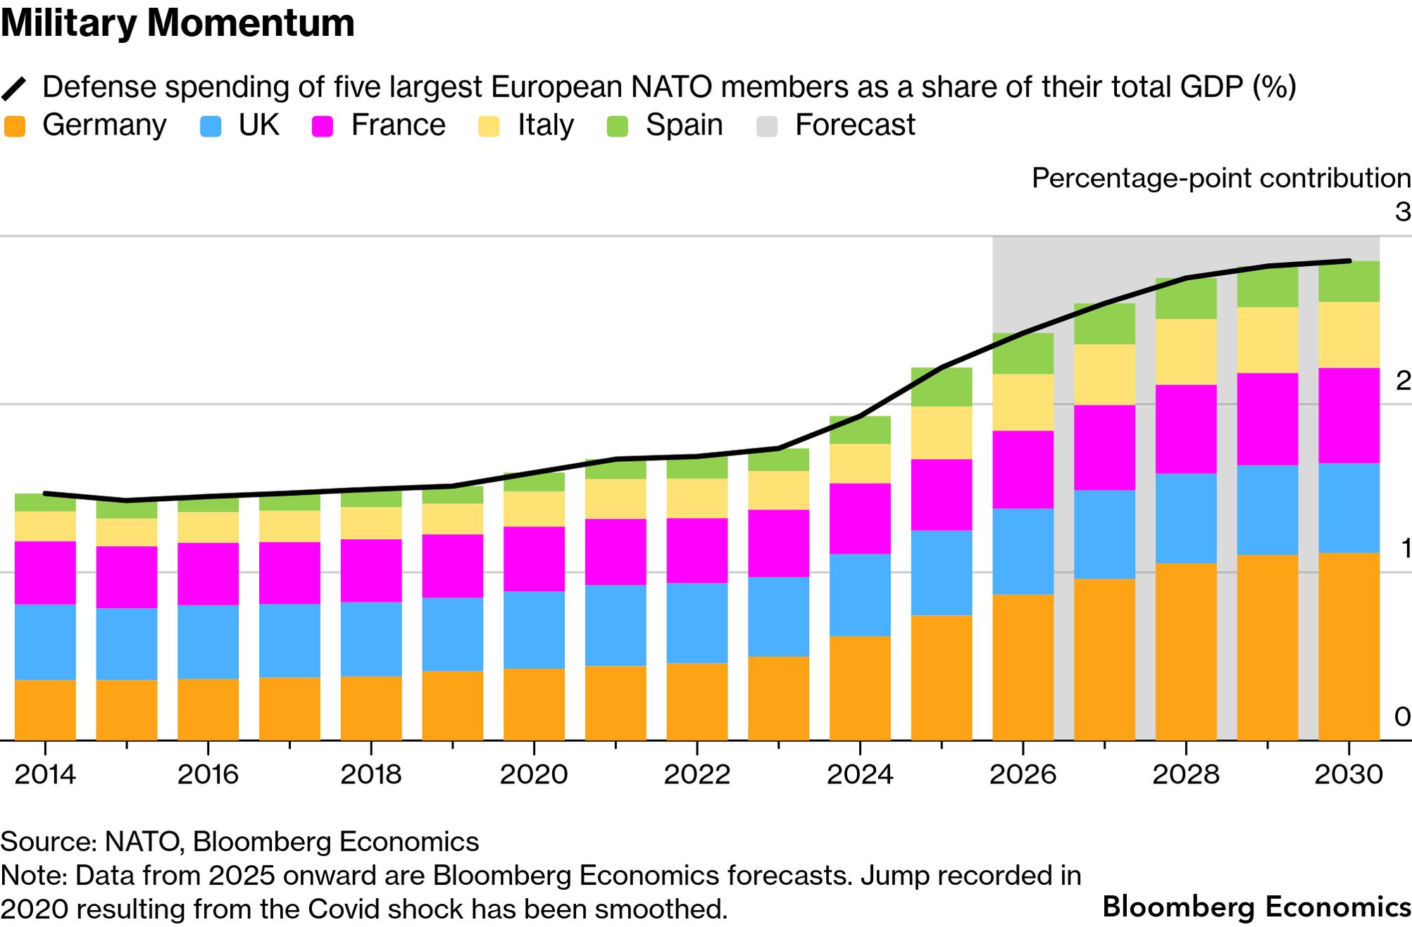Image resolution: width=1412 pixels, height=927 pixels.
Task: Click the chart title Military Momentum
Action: [177, 24]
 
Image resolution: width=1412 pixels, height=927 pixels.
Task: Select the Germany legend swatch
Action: [15, 127]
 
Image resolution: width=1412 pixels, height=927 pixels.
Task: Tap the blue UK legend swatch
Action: [211, 127]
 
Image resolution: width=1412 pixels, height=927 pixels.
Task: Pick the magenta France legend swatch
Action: [323, 127]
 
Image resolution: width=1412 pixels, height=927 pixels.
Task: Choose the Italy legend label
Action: [545, 125]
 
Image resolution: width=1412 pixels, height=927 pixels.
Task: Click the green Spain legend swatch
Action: [618, 127]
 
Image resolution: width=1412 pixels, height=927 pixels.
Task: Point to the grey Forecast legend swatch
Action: [767, 127]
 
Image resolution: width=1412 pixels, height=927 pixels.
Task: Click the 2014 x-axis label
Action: [45, 774]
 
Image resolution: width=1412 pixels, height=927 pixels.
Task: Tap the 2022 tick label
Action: [696, 774]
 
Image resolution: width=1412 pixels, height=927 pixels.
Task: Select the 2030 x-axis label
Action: [1349, 774]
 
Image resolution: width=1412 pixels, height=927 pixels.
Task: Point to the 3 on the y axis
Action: [1402, 212]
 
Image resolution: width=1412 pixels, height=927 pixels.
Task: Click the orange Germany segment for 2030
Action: [1349, 646]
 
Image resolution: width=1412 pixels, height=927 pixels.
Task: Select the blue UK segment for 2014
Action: [45, 642]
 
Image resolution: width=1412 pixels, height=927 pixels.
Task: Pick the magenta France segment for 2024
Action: [860, 518]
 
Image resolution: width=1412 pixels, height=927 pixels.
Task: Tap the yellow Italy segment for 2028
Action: [1186, 352]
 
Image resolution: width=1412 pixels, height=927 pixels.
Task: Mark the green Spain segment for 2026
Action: [1023, 353]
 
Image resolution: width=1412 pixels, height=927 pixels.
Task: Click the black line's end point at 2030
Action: [1349, 261]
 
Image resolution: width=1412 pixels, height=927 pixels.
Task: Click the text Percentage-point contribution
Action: [1220, 178]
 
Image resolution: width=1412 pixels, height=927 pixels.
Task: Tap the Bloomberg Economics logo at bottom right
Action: [1256, 907]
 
